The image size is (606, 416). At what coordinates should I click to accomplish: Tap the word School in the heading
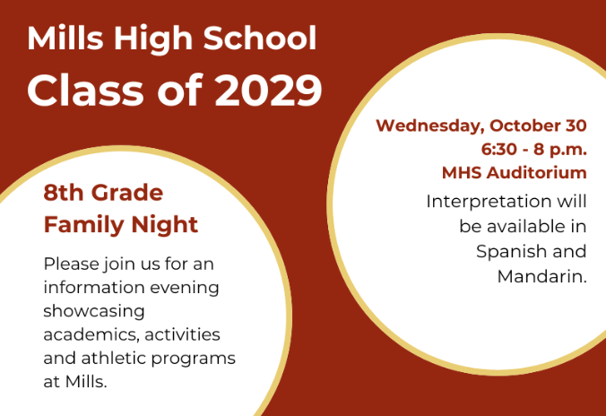pos(260,38)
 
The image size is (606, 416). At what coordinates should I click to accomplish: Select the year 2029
pos(268,91)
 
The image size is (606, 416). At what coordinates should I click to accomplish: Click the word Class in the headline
pos(85,91)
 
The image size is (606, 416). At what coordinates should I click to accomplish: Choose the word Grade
pos(127,193)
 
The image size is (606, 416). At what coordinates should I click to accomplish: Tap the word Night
pos(165,226)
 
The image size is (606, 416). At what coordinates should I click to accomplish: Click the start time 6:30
pos(499,149)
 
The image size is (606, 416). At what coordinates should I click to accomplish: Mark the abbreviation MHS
pos(462,172)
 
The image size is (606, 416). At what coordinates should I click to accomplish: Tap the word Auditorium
pos(537,172)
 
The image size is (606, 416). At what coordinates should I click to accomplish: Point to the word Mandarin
pos(541,277)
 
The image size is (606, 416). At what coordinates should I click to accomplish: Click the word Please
pos(72,264)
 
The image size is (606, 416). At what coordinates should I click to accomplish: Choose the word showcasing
pos(94,312)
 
